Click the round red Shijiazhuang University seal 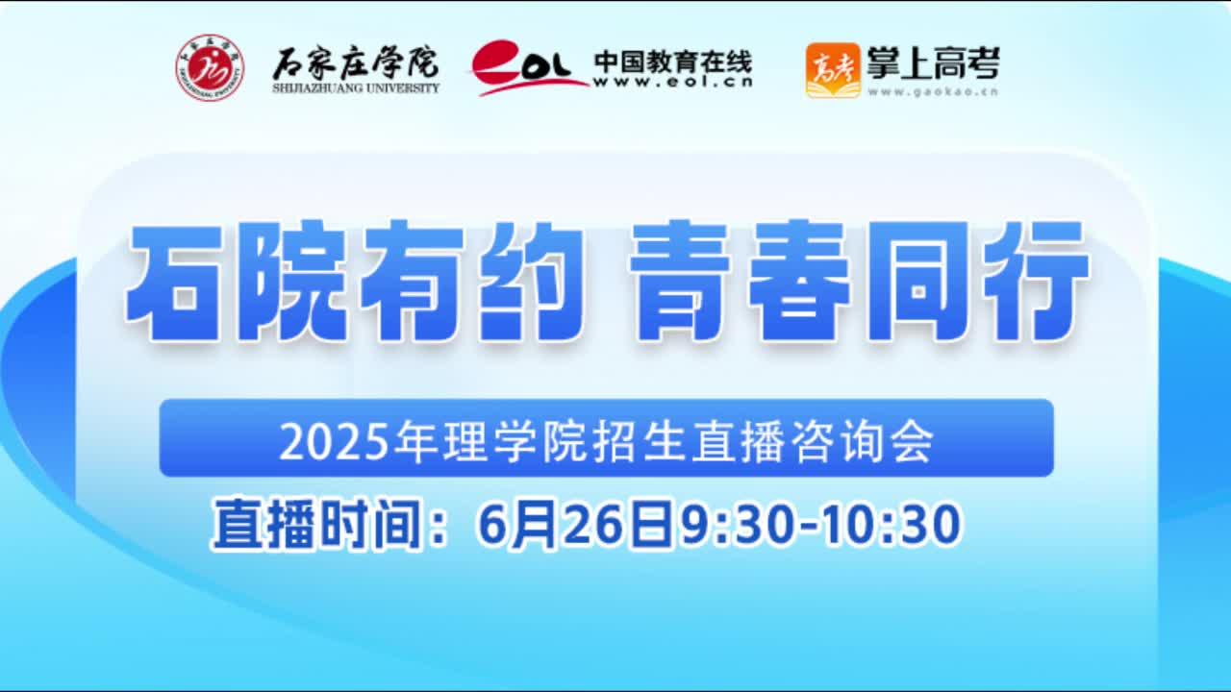coord(210,67)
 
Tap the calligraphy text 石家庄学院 coord(356,63)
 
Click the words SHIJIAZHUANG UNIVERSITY coord(356,87)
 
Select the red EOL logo coord(529,67)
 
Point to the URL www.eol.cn coord(672,83)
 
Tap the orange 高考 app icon coord(833,70)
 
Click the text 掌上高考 coord(933,62)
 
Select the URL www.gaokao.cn coord(933,91)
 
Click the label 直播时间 coord(317,525)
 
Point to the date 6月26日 coord(575,525)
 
